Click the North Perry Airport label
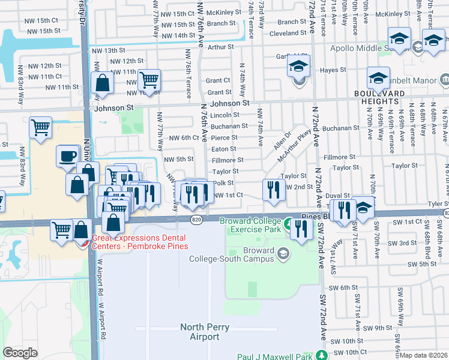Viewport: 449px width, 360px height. coord(200,332)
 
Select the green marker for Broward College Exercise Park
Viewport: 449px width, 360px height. coord(288,225)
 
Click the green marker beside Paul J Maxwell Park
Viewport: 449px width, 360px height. coord(323,354)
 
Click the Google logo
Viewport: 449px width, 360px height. coord(20,353)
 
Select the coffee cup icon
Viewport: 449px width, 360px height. coord(68,157)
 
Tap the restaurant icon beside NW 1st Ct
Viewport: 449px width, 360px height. coord(273,190)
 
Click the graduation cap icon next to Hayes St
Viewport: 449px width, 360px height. coord(378,78)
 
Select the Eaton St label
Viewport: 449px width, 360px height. coord(224,149)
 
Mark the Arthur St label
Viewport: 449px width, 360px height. coord(220,46)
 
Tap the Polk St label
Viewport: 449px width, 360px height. coord(223,183)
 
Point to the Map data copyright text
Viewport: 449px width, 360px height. coord(423,355)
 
